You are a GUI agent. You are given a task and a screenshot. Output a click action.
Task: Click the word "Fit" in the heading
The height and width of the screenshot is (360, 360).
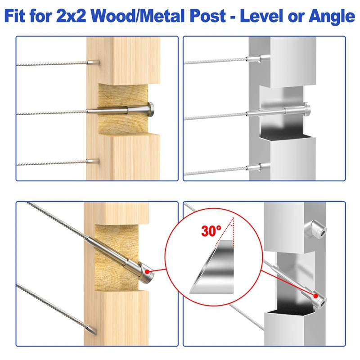(15, 16)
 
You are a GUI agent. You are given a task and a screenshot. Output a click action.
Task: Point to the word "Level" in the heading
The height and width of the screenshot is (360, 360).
(261, 16)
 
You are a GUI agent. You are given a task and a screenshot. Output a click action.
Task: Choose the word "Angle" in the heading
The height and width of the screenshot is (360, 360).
(332, 17)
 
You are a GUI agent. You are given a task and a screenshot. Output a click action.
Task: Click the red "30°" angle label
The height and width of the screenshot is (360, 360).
(211, 231)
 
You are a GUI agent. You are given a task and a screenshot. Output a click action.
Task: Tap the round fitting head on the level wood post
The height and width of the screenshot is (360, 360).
(151, 110)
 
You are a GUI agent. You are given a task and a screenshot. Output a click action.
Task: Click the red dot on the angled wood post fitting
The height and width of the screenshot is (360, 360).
(147, 272)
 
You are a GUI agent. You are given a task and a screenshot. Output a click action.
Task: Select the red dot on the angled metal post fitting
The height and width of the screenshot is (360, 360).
(316, 296)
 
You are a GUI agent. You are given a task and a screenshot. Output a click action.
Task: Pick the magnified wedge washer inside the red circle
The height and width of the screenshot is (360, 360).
(211, 267)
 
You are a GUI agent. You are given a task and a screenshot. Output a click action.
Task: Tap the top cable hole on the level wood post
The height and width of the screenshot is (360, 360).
(94, 62)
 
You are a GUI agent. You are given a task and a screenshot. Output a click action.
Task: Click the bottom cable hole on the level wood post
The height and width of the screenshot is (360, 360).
(94, 161)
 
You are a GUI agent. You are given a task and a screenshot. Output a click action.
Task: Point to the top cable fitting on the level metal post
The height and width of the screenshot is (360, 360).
(254, 58)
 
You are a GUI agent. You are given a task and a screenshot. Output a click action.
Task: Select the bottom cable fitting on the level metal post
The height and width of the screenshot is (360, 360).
(254, 167)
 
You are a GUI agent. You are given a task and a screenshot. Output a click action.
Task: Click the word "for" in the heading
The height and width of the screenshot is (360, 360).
(40, 16)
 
